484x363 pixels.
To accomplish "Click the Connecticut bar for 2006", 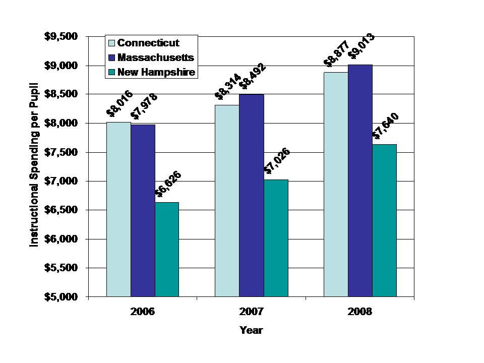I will (118, 209).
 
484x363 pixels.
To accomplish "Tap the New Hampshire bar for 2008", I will (385, 220).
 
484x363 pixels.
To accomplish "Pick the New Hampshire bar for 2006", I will (167, 250).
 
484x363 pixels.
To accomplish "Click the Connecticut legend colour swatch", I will (111, 43).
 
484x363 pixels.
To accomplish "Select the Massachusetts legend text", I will (156, 57).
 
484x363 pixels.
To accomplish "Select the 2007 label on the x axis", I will (251, 312).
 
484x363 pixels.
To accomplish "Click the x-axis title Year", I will (251, 331).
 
